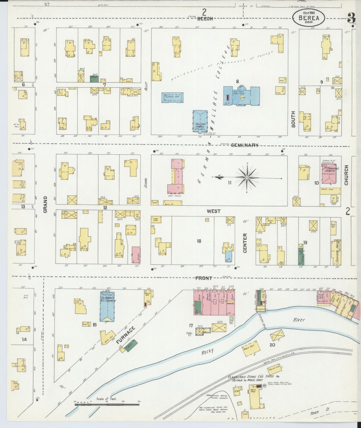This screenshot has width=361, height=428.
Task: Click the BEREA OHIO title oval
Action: (x=309, y=18)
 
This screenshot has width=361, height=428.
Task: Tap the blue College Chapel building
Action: (x=200, y=121)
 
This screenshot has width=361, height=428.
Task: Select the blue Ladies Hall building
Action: (x=173, y=98)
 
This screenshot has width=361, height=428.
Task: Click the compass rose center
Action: (x=247, y=177)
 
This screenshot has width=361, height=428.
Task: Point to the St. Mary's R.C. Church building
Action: (x=108, y=306)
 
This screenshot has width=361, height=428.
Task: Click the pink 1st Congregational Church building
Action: (x=329, y=174)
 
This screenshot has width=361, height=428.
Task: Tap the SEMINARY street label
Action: (x=244, y=145)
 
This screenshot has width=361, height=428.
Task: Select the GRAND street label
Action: (x=45, y=204)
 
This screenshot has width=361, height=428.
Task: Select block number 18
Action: (x=199, y=241)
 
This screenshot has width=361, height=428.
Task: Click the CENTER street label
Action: (x=245, y=243)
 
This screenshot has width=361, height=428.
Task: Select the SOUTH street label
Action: (x=293, y=119)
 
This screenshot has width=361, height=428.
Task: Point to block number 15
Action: (x=94, y=325)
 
